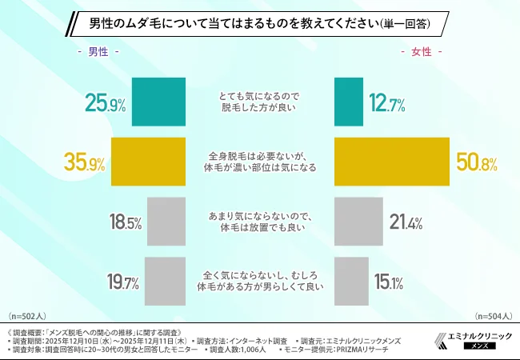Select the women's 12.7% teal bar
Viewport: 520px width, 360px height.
tap(346, 103)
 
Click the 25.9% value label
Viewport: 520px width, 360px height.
tap(106, 104)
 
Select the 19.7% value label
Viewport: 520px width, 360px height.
tap(123, 282)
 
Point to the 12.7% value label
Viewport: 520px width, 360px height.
tap(386, 104)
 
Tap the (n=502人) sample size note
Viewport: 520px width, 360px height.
tap(28, 317)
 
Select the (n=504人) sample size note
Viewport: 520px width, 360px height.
tap(492, 317)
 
